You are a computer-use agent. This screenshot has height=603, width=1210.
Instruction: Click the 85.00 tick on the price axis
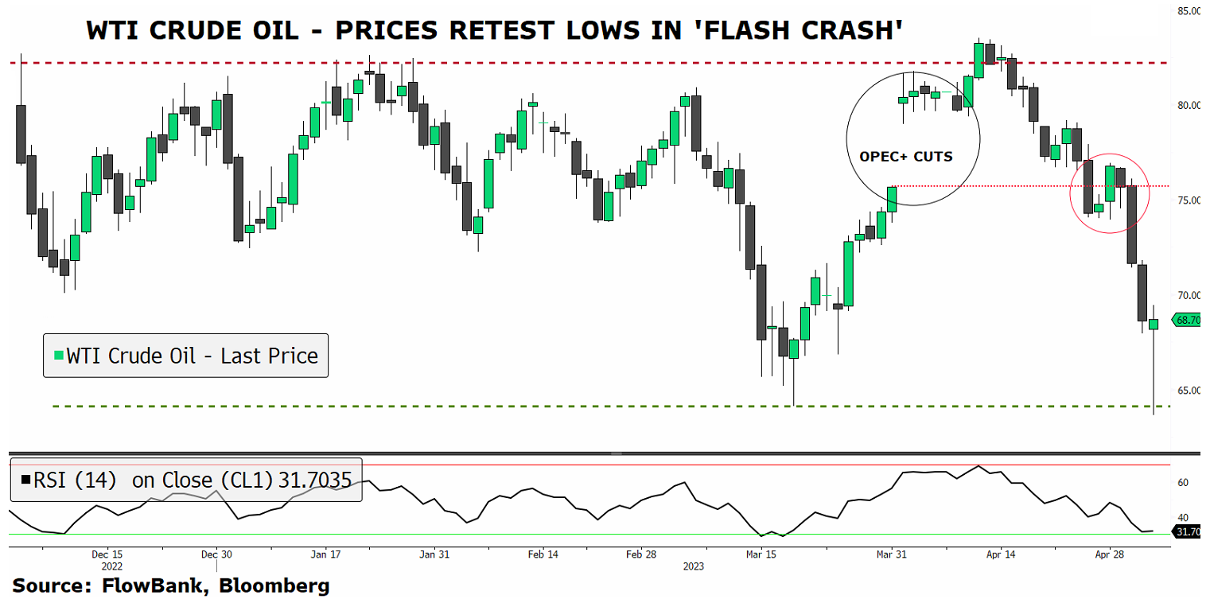click(x=1190, y=11)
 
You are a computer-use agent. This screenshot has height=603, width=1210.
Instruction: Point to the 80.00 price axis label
click(x=1190, y=106)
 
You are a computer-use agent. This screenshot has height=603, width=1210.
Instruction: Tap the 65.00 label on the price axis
click(x=1190, y=391)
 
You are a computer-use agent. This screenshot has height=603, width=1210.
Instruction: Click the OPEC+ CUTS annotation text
click(x=905, y=157)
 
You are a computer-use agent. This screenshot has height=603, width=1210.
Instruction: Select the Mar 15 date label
click(x=761, y=554)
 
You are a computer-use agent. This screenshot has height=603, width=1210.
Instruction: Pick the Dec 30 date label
click(x=216, y=554)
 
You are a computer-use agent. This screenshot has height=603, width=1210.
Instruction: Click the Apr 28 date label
click(x=1109, y=554)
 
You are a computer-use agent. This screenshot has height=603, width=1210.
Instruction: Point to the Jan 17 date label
click(x=325, y=554)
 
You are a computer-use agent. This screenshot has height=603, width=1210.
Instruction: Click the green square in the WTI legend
click(x=57, y=356)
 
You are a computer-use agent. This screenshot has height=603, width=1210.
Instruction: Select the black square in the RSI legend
click(x=26, y=480)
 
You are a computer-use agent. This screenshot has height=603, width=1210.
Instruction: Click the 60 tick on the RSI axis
click(x=1183, y=483)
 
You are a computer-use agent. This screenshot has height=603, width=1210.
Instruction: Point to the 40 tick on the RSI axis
click(x=1183, y=518)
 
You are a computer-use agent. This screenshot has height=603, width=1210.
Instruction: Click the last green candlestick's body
click(x=1154, y=324)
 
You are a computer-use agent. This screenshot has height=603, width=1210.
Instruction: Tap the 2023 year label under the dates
click(x=694, y=566)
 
